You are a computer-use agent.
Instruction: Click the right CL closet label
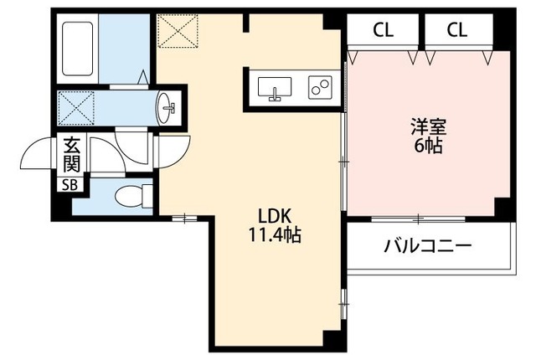[x=456, y=31]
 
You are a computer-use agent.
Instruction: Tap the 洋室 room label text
[x=427, y=127]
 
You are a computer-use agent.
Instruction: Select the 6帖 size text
[x=427, y=146]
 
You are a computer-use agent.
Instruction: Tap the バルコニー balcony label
[x=428, y=247]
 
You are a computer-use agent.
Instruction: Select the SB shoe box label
[x=66, y=186]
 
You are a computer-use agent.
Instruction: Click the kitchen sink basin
[x=274, y=88]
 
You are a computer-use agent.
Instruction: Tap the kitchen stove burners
[x=320, y=87]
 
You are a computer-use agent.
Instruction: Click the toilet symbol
[x=129, y=198]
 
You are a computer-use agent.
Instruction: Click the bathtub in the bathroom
[x=80, y=49]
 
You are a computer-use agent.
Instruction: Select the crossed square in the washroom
[x=76, y=106]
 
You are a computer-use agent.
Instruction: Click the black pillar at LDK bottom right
[x=334, y=341]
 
